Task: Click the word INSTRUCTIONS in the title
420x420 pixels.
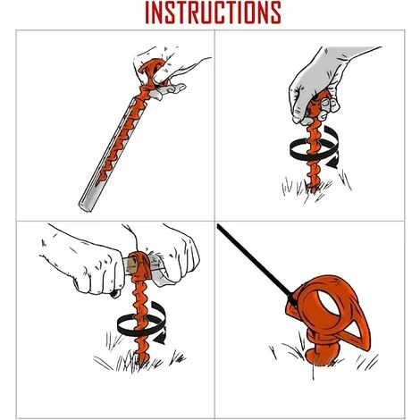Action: (x=213, y=13)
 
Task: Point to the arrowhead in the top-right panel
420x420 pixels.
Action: (x=332, y=163)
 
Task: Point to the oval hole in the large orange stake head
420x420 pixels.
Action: (x=332, y=302)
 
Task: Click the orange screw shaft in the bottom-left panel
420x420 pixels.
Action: (x=141, y=322)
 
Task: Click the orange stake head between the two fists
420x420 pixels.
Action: (x=140, y=265)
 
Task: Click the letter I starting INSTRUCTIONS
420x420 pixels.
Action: (x=147, y=13)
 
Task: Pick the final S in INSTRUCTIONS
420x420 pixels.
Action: (x=274, y=13)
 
